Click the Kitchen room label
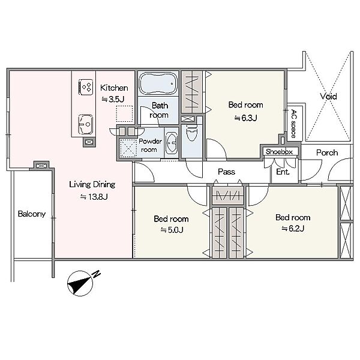(x=114, y=88)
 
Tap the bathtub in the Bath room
(x=158, y=84)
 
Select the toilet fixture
(x=191, y=133)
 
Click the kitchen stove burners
(x=86, y=87)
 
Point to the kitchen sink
(x=85, y=124)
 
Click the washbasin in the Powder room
(x=171, y=143)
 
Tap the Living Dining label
(x=92, y=185)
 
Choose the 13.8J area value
(x=94, y=197)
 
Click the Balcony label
(x=32, y=214)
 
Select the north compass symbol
(x=80, y=283)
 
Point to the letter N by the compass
(x=97, y=274)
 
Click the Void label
(x=329, y=97)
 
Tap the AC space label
(x=293, y=124)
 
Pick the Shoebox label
(x=279, y=152)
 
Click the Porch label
(x=327, y=152)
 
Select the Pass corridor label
(x=226, y=172)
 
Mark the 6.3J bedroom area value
(x=245, y=118)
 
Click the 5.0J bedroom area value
(x=172, y=230)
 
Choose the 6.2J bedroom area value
(x=293, y=229)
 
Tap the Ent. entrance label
(x=283, y=172)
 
